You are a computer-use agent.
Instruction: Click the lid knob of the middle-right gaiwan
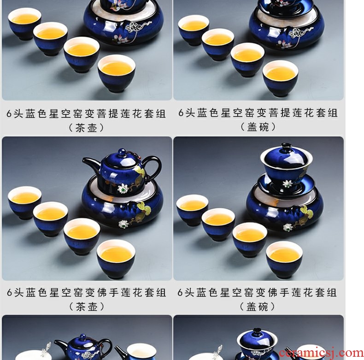click(x=286, y=147)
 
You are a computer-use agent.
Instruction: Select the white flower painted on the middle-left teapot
click(x=123, y=188)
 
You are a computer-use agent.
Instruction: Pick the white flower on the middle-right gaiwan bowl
click(x=287, y=184)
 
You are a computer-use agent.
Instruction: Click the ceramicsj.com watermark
click(x=321, y=353)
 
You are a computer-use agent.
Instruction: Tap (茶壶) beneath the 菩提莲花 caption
click(x=86, y=128)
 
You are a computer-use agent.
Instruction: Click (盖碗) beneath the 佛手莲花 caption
click(x=257, y=307)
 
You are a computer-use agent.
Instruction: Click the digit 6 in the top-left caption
click(x=9, y=113)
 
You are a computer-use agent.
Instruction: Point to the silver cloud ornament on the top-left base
click(x=137, y=27)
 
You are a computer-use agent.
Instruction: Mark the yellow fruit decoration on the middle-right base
click(x=307, y=212)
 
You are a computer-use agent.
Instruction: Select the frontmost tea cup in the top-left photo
click(x=116, y=73)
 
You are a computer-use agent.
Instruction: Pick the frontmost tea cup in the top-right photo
click(x=281, y=78)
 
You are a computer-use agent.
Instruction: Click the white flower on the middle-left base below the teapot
click(x=123, y=224)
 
